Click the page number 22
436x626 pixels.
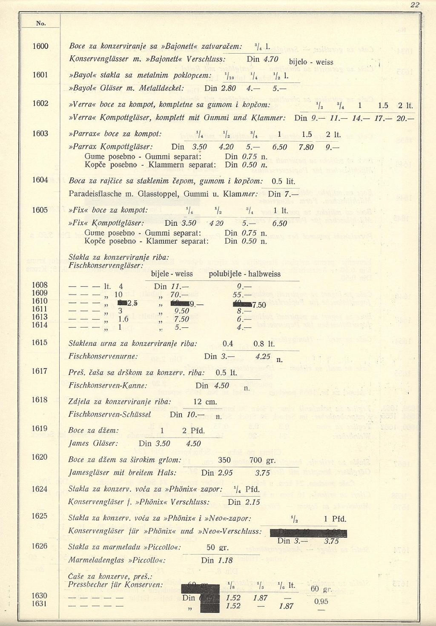coord(415,5)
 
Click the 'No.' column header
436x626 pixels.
coord(41,23)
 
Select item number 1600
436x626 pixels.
coord(40,46)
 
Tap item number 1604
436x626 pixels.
coord(40,180)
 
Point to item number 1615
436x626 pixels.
coord(40,343)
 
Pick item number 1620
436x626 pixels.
coord(40,457)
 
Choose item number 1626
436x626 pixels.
coord(40,546)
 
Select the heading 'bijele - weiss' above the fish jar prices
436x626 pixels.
coord(172,274)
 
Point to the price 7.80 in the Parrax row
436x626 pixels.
coord(306,147)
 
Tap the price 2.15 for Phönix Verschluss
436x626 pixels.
coord(252,502)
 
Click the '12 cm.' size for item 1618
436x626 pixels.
coord(205,402)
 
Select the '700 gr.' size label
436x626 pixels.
coord(262,460)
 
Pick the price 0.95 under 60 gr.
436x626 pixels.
coord(321,601)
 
